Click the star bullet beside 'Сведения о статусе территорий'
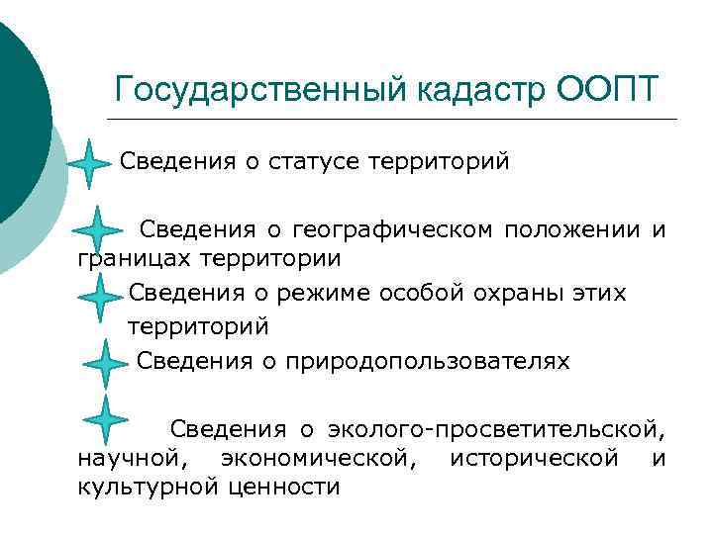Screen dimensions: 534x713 pos(89,163)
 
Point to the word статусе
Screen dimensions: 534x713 pos(312,161)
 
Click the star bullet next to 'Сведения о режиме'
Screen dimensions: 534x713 pos(98,297)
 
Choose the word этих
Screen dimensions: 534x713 pos(600,293)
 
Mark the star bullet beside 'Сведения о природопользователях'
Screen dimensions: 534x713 pos(105,363)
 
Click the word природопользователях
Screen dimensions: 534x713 pos(428,361)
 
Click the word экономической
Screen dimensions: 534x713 pos(315,458)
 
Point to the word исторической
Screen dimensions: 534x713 pos(535,458)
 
